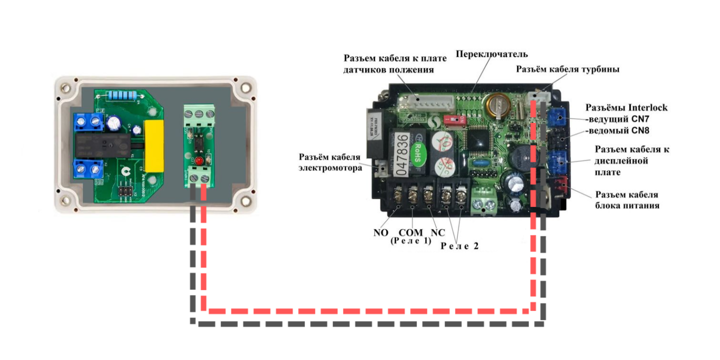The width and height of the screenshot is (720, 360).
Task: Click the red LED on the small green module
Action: pos(199,161)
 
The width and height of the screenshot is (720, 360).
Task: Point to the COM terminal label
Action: pos(411,233)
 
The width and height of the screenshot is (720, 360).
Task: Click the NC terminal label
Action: pos(437,233)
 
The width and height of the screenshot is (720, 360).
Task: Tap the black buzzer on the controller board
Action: pos(518,156)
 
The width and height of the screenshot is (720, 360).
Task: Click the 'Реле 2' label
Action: pos(459,245)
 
